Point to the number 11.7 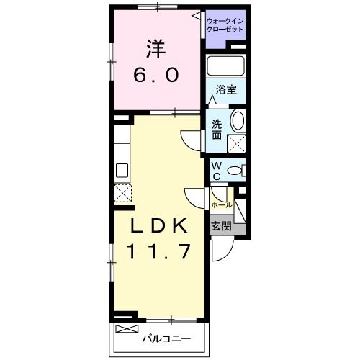(159, 251)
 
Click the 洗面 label (216, 129)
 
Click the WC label (215, 171)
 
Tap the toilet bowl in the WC (235, 171)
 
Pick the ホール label (220, 204)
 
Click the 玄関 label (220, 225)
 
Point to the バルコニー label (166, 336)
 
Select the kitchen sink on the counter (121, 171)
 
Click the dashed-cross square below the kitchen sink (122, 192)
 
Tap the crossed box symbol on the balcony (125, 329)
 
